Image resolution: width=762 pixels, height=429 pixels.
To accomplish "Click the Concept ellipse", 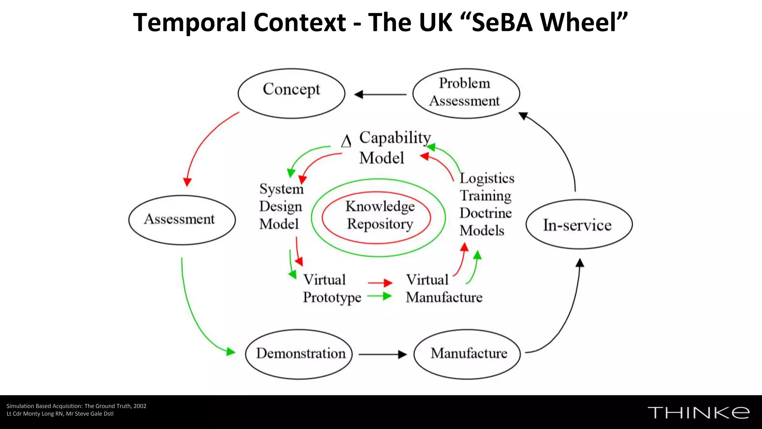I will pyautogui.click(x=291, y=93).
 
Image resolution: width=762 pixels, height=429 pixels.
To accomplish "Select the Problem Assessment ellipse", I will pyautogui.click(x=466, y=93).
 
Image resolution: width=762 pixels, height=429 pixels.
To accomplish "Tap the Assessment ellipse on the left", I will pyautogui.click(x=182, y=220).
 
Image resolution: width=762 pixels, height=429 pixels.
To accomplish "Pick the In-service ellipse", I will pyautogui.click(x=579, y=224).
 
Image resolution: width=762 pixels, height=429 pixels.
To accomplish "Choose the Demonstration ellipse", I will pyautogui.click(x=299, y=354).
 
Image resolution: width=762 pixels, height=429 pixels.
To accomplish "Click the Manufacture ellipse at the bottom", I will pyautogui.click(x=467, y=354).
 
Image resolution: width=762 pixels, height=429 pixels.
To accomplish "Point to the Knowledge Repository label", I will pyautogui.click(x=380, y=215).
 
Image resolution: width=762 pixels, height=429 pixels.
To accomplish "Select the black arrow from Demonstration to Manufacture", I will pyautogui.click(x=382, y=355).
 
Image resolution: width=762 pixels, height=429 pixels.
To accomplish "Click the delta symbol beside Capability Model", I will pyautogui.click(x=346, y=142).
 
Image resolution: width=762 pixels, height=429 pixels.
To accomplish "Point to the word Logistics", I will pyautogui.click(x=487, y=178).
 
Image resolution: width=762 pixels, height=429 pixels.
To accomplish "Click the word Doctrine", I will pyautogui.click(x=486, y=213).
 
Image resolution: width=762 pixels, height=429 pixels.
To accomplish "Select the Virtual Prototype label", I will pyautogui.click(x=331, y=289).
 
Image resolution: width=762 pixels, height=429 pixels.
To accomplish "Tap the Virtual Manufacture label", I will pyautogui.click(x=444, y=289).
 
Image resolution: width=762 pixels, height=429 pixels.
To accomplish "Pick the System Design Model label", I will pyautogui.click(x=281, y=206).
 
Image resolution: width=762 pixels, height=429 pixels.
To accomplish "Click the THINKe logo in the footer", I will pyautogui.click(x=698, y=413).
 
